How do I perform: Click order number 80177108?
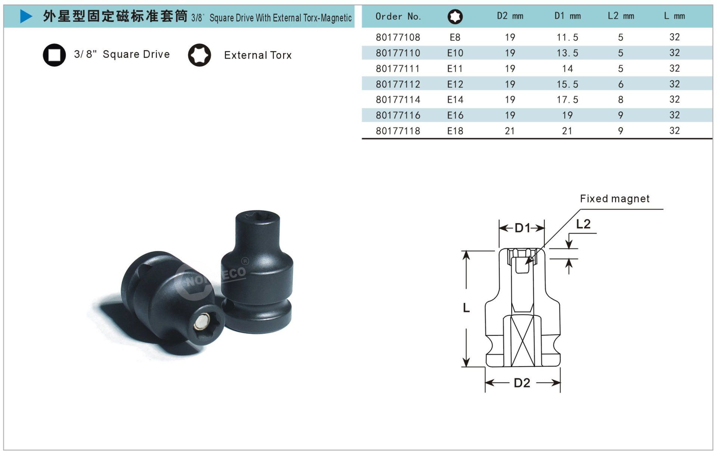point(398,37)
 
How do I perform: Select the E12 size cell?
point(455,84)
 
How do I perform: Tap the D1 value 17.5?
point(567,100)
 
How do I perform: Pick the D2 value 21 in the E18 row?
point(510,131)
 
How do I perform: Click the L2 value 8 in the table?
point(621,100)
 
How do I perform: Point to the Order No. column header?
point(398,16)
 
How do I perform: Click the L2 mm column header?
point(621,16)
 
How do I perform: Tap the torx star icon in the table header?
point(455,16)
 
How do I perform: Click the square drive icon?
point(54,55)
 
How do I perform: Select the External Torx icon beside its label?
point(199,55)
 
